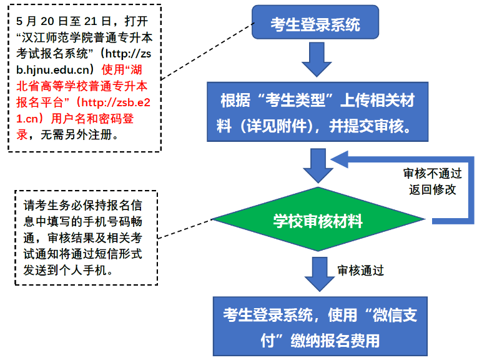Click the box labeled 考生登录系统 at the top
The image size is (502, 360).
coord(315,25)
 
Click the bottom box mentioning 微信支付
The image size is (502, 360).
coord(319,327)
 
